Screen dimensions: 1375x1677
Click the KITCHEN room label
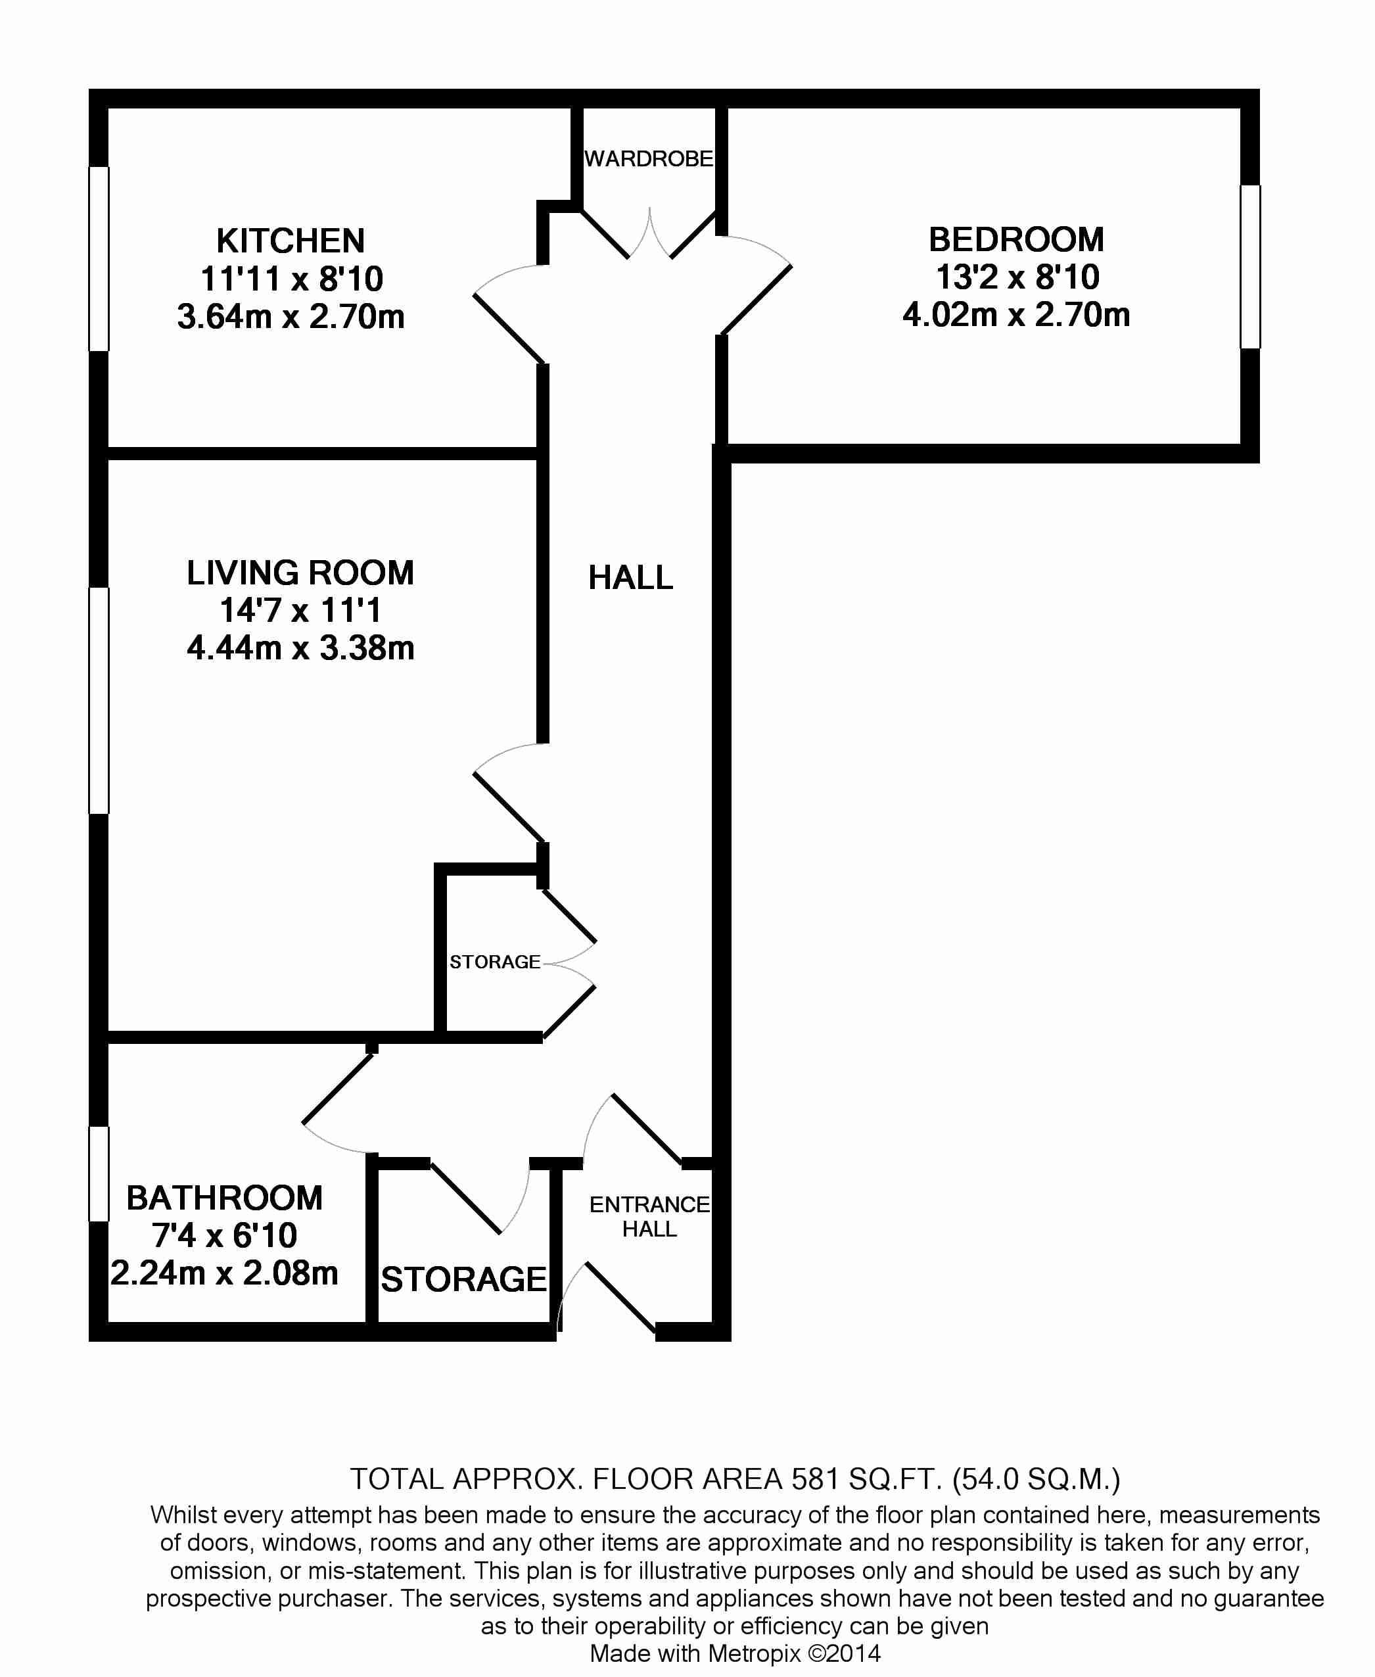tap(291, 241)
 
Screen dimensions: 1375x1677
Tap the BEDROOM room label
tap(1016, 239)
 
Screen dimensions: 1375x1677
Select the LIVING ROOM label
tap(300, 573)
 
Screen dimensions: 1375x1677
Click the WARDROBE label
tap(649, 159)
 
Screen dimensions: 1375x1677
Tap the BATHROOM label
tap(224, 1198)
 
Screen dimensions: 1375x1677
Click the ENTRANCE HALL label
tap(649, 1217)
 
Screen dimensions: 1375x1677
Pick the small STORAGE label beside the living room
tap(495, 962)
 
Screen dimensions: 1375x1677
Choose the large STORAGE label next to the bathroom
tap(464, 1279)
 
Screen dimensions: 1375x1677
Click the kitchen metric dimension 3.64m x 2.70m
tap(291, 317)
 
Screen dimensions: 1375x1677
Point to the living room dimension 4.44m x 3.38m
tap(301, 648)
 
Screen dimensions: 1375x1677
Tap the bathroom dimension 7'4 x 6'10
tap(225, 1235)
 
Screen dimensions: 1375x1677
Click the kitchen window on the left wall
tap(98, 258)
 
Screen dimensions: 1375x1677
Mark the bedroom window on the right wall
tap(1250, 267)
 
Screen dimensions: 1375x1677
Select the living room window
tap(98, 700)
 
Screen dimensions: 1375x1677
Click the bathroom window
tap(98, 1174)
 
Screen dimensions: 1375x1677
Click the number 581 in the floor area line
tap(814, 1479)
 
